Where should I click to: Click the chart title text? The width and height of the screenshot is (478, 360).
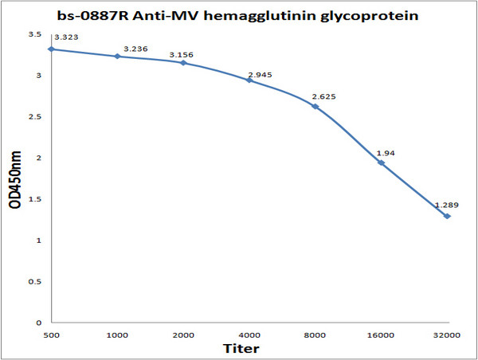(x=240, y=15)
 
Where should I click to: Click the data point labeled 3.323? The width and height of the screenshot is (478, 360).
(x=52, y=49)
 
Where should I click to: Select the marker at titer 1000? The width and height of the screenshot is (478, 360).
(x=117, y=57)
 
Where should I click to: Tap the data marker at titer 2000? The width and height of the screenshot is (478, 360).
(x=183, y=62)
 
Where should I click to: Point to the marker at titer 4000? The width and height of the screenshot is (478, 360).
(x=249, y=80)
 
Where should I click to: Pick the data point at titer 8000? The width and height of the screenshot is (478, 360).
(x=315, y=107)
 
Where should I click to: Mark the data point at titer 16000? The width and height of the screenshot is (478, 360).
(x=381, y=162)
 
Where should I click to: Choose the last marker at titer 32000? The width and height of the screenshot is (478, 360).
(x=447, y=216)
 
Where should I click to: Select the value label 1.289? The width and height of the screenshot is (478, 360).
(x=445, y=206)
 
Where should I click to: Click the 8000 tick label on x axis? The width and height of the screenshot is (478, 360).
(x=315, y=335)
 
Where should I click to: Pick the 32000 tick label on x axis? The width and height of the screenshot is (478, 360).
(x=447, y=335)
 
